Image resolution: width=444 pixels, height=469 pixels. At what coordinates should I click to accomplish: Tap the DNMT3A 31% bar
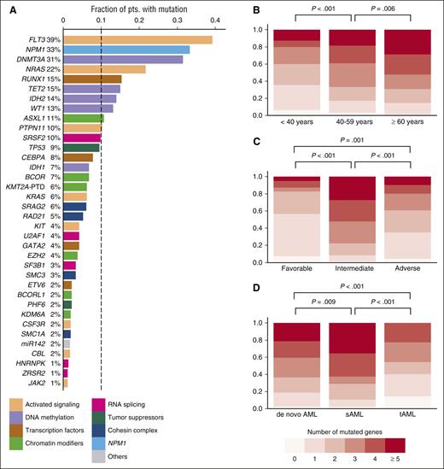(x=123, y=60)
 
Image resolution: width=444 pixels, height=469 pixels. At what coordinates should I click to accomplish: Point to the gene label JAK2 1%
(x=47, y=383)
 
